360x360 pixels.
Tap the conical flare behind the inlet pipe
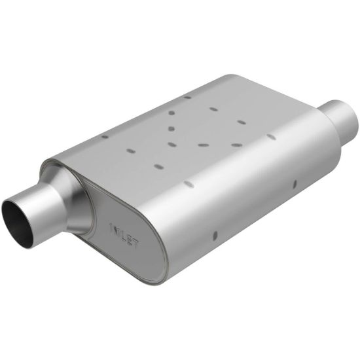(72, 190)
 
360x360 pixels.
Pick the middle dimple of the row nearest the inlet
(131, 151)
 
